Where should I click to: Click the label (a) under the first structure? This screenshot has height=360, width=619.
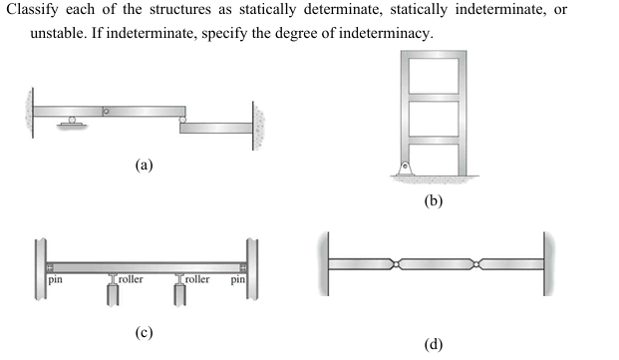point(144,166)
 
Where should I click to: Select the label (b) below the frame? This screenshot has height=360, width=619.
point(433,200)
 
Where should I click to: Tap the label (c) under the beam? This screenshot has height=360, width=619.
point(144,332)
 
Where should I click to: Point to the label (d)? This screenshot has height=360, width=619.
point(433,345)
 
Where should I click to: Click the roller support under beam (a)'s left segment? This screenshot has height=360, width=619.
point(71,121)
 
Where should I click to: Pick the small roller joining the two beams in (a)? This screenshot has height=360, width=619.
point(181,120)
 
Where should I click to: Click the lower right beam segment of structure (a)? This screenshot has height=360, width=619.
point(216,128)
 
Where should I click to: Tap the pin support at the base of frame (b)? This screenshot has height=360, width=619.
point(406,169)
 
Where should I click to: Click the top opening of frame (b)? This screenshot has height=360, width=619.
point(432,75)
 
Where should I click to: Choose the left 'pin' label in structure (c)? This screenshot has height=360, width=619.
point(56,280)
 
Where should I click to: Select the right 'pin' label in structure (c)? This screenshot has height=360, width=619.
point(238,280)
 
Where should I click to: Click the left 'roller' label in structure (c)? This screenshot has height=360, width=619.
point(131,280)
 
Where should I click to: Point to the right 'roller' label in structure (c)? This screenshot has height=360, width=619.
point(197,280)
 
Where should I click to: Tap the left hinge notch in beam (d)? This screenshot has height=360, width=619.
point(399,264)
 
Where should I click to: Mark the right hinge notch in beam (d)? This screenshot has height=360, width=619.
point(478,264)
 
